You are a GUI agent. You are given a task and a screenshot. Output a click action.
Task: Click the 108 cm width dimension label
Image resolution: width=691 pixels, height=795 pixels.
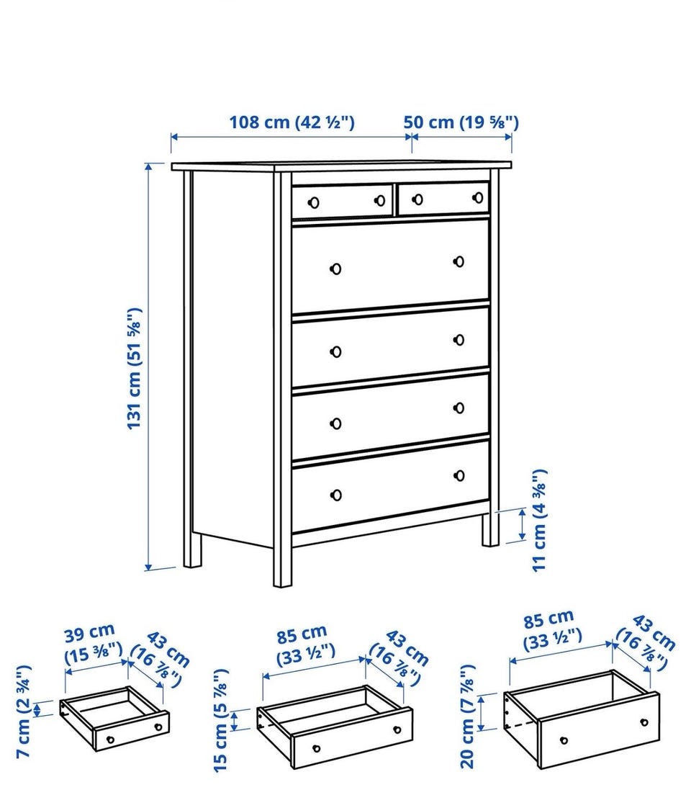tap(292, 122)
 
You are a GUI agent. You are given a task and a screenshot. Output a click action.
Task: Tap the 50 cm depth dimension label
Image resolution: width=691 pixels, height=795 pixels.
tap(461, 122)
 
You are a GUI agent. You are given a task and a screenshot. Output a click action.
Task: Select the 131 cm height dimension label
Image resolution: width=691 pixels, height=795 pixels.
tap(135, 369)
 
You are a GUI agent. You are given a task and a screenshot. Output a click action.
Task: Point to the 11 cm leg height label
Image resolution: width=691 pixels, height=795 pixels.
tap(539, 521)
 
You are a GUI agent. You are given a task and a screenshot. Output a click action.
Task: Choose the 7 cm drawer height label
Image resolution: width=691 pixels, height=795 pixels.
tap(24, 712)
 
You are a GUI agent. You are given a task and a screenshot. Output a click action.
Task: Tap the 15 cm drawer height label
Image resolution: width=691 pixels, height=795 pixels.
tap(222, 720)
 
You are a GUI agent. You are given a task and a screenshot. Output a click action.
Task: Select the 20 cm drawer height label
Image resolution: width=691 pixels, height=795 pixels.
tap(467, 717)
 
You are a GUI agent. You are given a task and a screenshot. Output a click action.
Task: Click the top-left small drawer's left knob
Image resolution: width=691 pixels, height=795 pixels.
tap(314, 203)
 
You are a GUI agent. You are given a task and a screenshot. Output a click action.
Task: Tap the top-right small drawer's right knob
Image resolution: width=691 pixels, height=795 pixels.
tap(478, 197)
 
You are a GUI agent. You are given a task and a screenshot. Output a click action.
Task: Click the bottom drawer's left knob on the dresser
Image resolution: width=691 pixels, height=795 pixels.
tap(335, 495)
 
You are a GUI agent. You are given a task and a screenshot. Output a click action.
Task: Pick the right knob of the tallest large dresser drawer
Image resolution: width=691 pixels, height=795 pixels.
tap(459, 261)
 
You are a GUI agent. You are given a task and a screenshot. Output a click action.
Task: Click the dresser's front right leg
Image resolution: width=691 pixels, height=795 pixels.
tap(490, 530)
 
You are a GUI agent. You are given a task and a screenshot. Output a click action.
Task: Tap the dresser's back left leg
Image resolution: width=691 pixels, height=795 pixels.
tap(192, 549)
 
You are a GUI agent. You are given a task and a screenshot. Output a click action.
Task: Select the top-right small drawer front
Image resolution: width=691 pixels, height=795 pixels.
tap(444, 198)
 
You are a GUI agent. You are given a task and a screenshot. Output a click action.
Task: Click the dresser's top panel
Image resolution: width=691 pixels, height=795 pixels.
tap(341, 167)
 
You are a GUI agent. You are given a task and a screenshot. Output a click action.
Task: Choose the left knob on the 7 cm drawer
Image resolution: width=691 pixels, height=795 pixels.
tap(110, 740)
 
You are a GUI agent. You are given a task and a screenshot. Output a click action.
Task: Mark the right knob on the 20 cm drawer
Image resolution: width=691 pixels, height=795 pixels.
tap(644, 722)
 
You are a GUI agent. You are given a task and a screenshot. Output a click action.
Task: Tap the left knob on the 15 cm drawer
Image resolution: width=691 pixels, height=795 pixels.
tap(317, 748)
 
